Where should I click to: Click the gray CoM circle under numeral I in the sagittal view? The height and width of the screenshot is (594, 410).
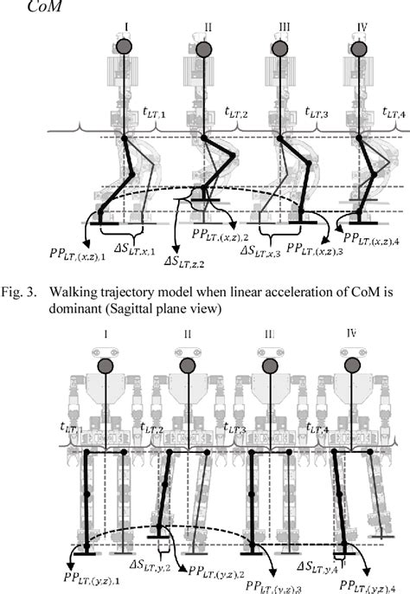[125, 48]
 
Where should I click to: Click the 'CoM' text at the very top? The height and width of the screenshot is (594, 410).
[22, 8]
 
